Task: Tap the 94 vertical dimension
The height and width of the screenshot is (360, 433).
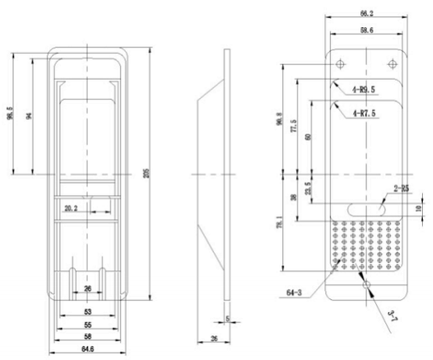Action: point(29,116)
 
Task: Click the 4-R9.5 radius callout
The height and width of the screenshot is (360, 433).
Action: point(365,90)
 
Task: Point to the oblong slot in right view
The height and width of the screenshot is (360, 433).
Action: point(364,208)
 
